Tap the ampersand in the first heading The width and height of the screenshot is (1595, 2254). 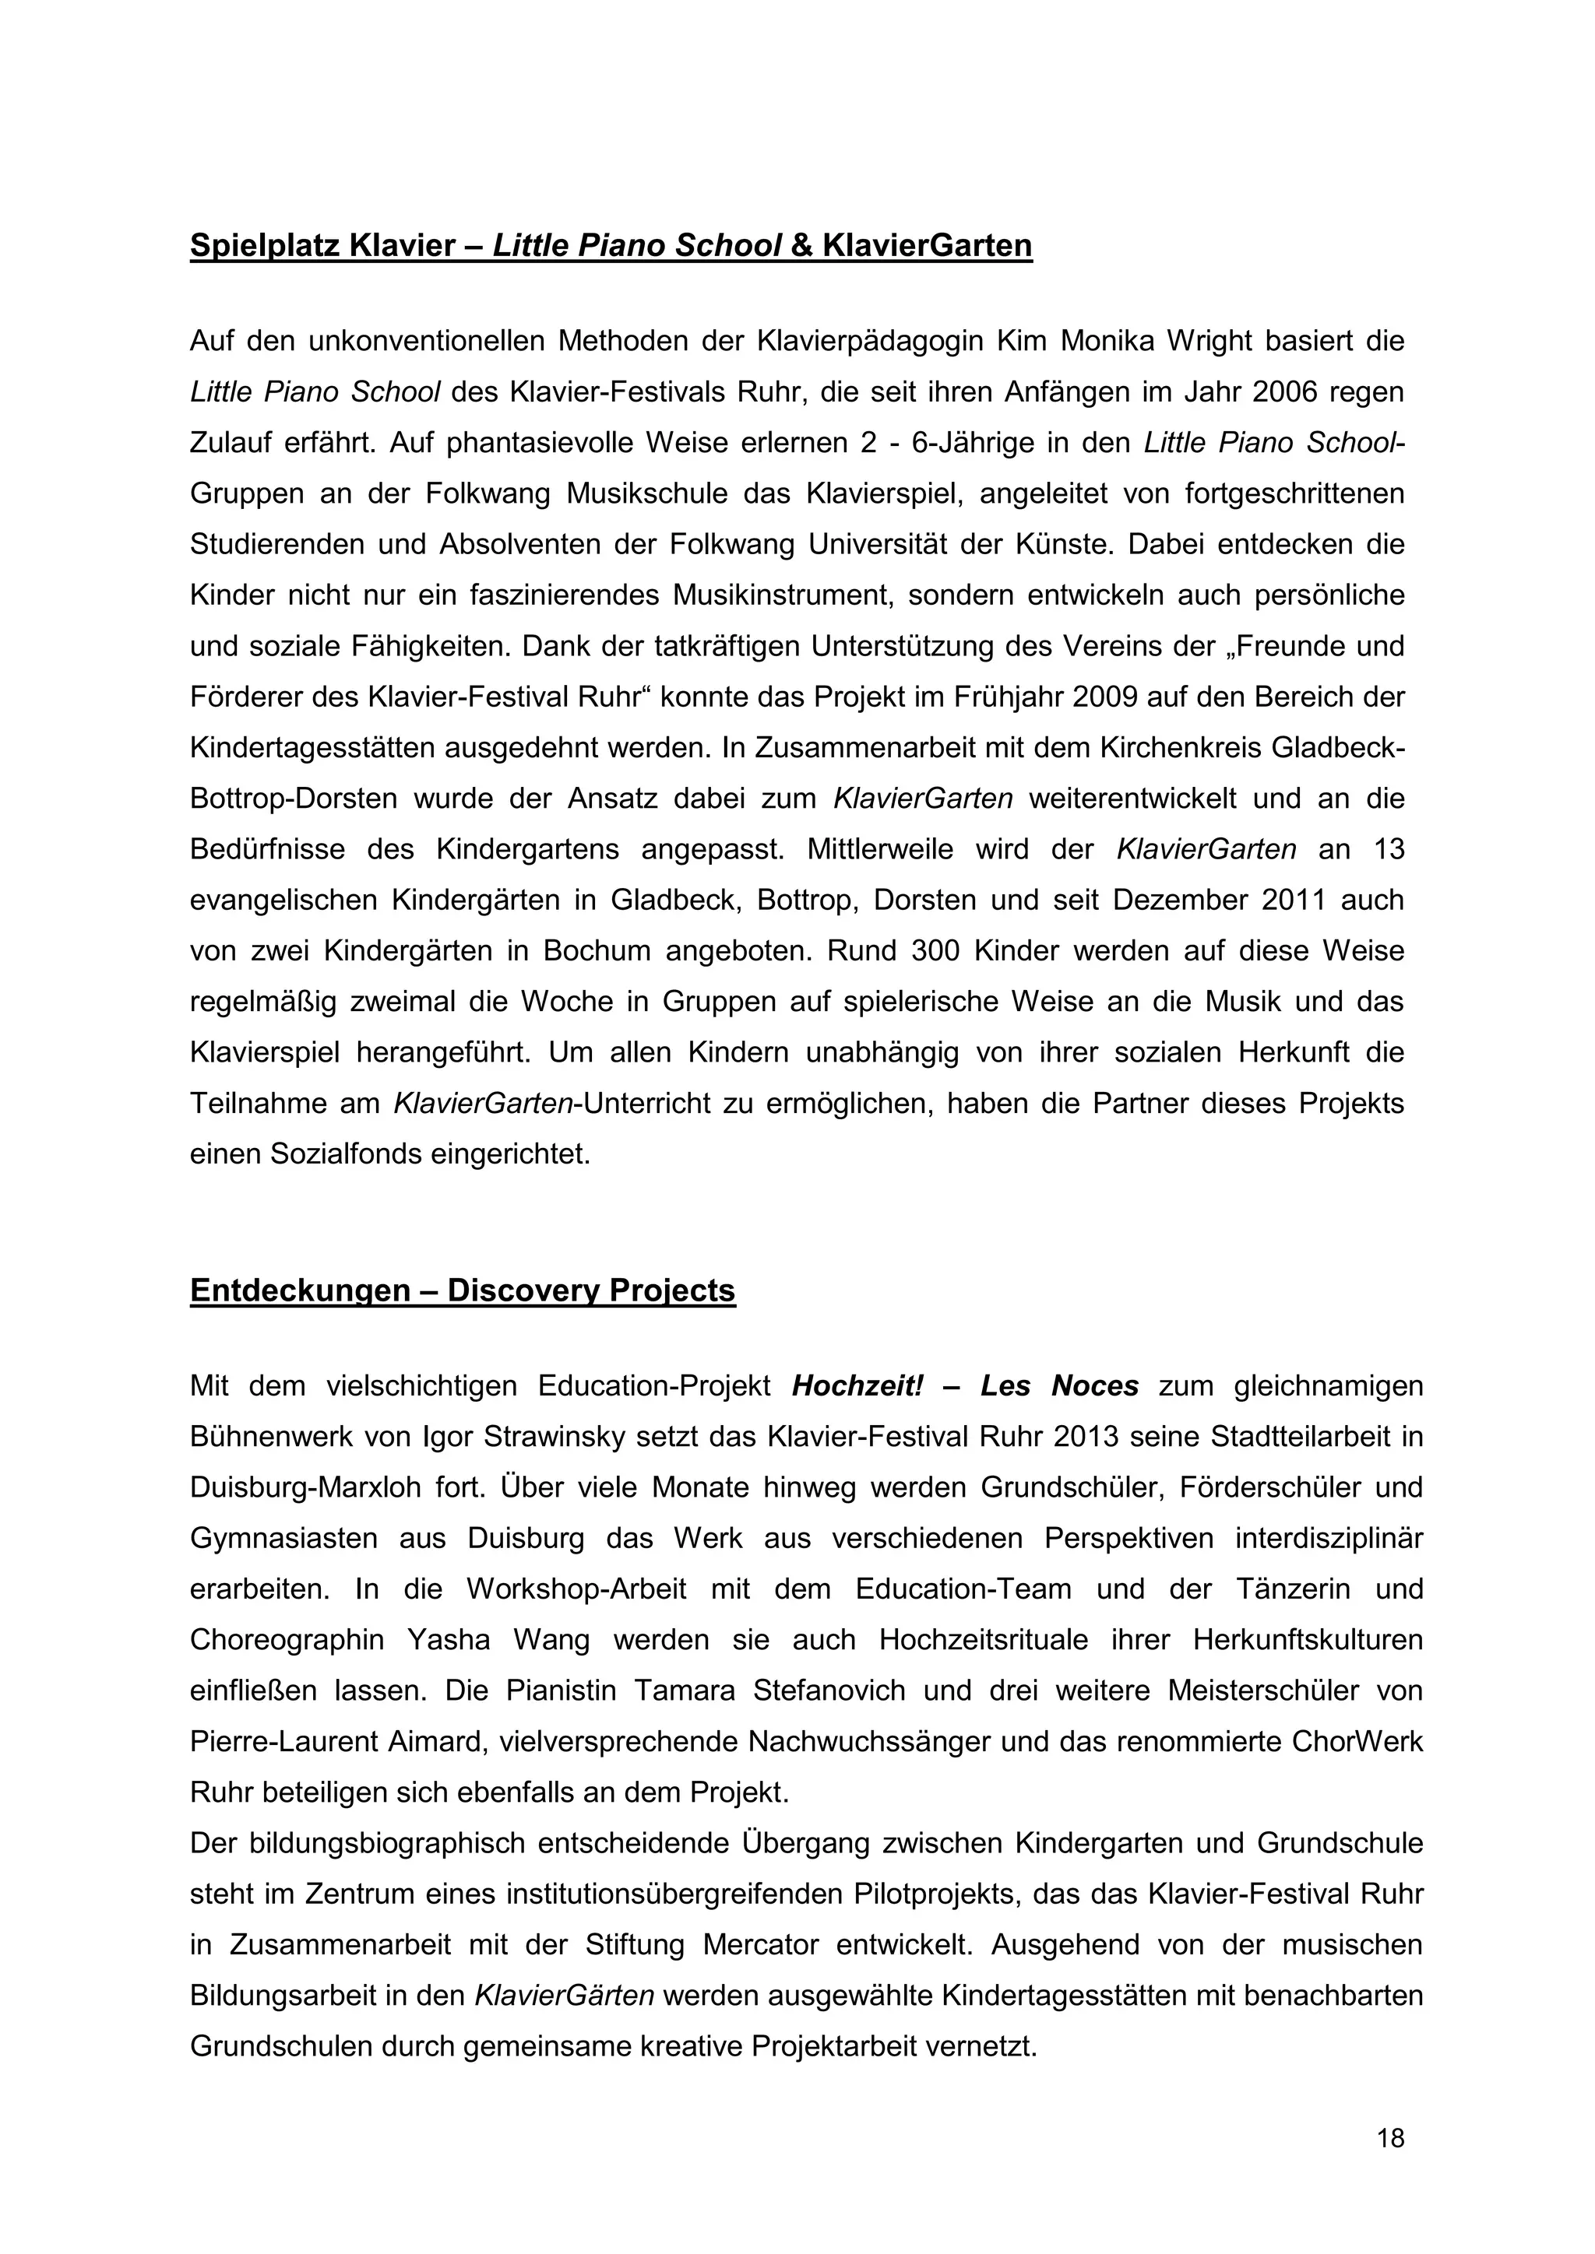point(801,245)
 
